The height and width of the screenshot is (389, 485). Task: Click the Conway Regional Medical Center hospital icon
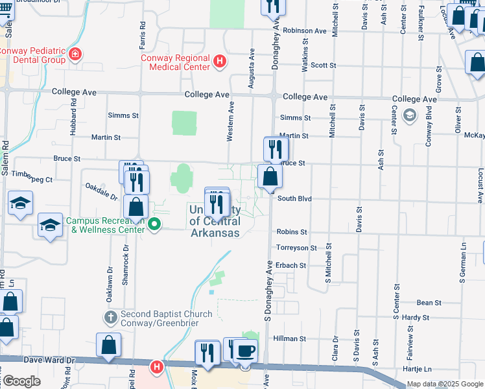(220, 62)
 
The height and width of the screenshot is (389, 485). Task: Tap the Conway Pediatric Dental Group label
(32, 55)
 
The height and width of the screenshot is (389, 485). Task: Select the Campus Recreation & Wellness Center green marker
(154, 225)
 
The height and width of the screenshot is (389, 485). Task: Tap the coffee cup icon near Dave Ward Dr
(245, 351)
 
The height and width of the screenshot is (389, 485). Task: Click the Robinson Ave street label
(305, 30)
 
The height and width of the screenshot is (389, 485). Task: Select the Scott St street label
(323, 65)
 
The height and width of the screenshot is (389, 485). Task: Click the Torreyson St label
(296, 248)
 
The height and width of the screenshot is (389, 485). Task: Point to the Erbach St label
(291, 266)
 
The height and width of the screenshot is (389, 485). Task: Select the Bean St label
(429, 303)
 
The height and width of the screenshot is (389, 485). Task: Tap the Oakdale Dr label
(101, 191)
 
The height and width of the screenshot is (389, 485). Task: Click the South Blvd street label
(295, 199)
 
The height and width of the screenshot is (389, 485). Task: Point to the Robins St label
(292, 231)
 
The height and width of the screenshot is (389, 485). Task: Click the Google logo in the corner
(21, 382)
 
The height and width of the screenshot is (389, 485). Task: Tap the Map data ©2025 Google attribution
(445, 384)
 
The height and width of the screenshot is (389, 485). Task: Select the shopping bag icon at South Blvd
(269, 176)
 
